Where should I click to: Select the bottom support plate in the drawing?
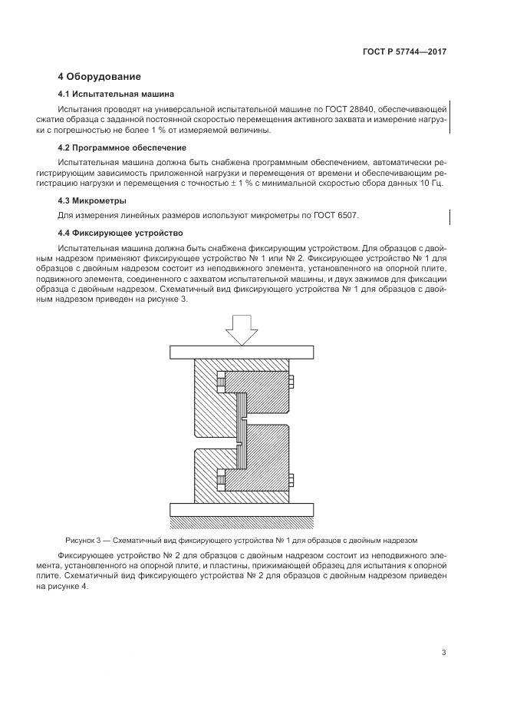(240, 510)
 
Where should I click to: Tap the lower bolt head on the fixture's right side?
(292, 481)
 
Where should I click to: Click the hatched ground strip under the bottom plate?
(240, 523)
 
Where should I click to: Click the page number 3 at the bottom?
(443, 653)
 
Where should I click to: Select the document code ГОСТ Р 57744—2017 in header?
(404, 52)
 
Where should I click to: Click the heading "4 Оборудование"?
(100, 77)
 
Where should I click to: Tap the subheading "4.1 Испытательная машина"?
(116, 94)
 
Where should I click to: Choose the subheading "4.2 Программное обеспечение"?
(122, 147)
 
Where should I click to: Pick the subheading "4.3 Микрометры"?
(91, 200)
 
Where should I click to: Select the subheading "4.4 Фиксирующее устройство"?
(120, 233)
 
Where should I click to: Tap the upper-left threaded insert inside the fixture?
(221, 381)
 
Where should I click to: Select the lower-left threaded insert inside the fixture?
(221, 481)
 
